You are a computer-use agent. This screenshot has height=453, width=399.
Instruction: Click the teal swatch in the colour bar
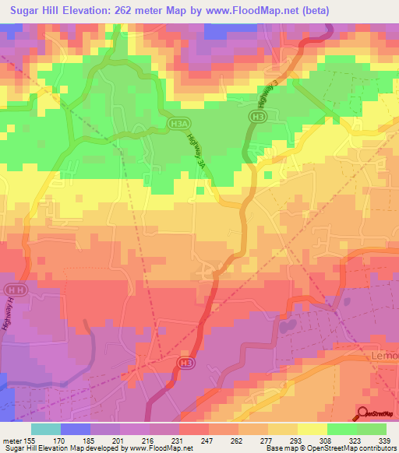[46, 429]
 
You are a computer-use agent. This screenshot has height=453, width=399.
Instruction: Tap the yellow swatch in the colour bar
[312, 429]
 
